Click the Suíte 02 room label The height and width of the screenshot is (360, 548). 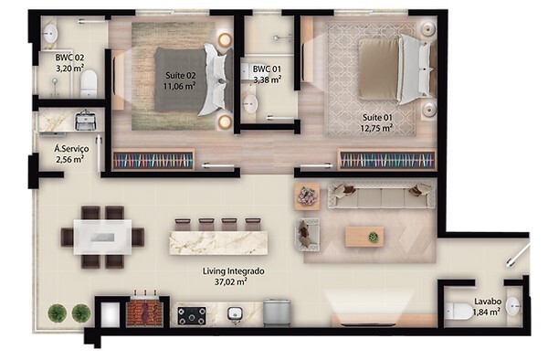click(180, 76)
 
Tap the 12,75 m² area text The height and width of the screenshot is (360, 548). click(376, 128)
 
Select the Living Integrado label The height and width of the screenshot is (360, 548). click(234, 271)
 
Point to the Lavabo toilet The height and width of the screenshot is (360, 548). click(458, 311)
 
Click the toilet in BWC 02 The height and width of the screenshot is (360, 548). click(89, 84)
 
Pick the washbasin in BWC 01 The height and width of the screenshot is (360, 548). click(250, 103)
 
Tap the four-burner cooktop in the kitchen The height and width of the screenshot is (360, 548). click(192, 315)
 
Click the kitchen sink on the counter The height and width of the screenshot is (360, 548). click(235, 313)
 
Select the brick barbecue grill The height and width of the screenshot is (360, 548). click(144, 311)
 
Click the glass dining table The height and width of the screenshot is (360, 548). click(102, 237)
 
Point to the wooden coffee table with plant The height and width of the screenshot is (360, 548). click(364, 237)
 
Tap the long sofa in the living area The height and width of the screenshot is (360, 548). click(381, 196)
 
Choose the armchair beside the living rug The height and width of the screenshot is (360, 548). click(309, 235)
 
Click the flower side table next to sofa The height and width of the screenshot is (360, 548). click(307, 196)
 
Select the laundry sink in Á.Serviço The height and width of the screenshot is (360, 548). click(85, 120)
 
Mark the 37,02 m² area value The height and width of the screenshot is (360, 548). click(230, 281)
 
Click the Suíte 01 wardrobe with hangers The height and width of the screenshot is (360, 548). click(387, 160)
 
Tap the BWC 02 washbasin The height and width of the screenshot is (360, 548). click(50, 34)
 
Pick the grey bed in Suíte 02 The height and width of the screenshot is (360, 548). click(195, 79)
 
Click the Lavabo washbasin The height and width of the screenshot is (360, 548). click(512, 306)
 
